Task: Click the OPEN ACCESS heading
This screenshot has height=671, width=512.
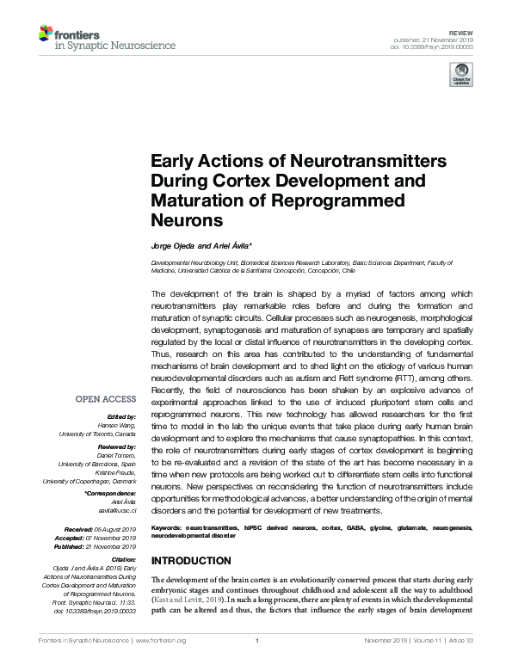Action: click(x=106, y=399)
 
